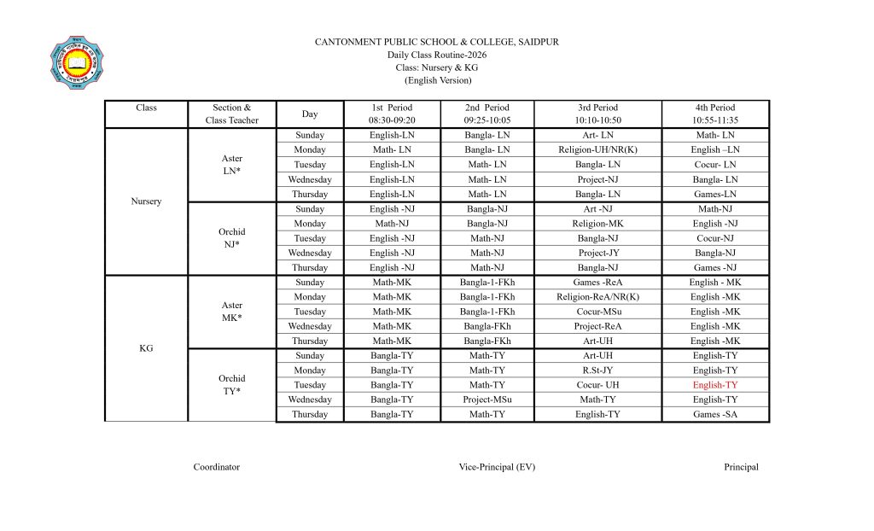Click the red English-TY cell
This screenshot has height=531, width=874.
[714, 385]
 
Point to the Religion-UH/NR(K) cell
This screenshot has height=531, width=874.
[597, 150]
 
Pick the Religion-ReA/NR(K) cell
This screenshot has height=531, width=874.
[597, 297]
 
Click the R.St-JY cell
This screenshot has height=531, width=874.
[597, 371]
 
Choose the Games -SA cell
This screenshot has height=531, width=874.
[714, 415]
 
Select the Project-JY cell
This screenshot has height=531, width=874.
[597, 254]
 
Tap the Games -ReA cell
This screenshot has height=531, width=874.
[597, 283]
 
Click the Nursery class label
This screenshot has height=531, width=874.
[146, 201]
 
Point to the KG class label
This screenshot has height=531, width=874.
[146, 348]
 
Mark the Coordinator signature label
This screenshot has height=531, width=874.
[216, 467]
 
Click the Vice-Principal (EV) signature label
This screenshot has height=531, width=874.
[497, 467]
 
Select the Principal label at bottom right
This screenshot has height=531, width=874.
[741, 467]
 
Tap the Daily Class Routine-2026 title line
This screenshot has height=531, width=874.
[437, 55]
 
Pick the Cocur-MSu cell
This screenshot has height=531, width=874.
[597, 312]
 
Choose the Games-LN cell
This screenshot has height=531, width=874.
[714, 195]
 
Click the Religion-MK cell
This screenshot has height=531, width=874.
[597, 224]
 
